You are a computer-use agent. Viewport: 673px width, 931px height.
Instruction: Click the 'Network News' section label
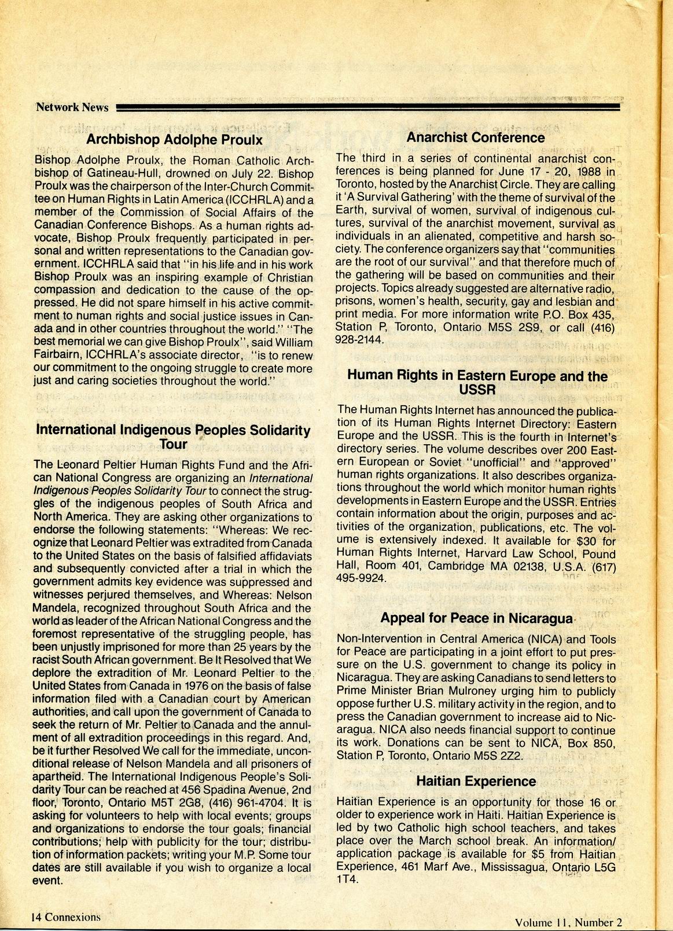(x=72, y=107)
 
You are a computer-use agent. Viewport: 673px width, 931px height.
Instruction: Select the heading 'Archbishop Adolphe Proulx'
(x=174, y=140)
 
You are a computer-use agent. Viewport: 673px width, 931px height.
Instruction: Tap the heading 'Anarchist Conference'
(x=475, y=138)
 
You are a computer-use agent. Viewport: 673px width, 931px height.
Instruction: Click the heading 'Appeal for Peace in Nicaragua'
(x=476, y=618)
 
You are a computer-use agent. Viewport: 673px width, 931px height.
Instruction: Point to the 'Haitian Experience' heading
(x=476, y=781)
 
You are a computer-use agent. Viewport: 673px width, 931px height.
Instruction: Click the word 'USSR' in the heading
(x=477, y=390)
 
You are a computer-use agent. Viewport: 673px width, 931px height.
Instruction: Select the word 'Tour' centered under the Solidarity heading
(x=174, y=445)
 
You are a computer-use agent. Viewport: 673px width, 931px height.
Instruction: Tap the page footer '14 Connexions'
(x=66, y=917)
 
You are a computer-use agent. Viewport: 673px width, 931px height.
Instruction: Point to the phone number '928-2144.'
(x=360, y=340)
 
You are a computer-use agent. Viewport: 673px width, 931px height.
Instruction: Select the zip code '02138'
(x=527, y=566)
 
